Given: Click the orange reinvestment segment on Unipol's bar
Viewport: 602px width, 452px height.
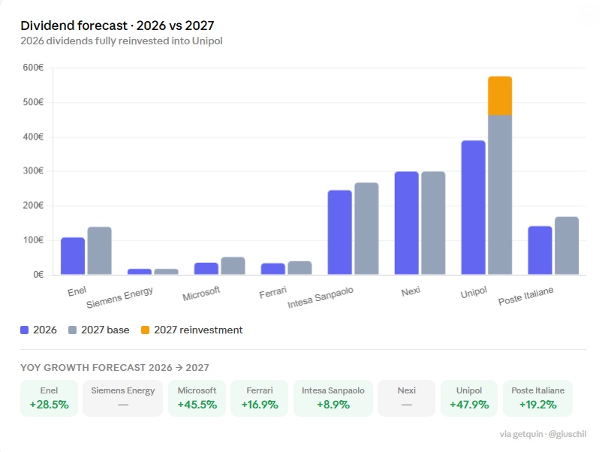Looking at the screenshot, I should pos(500,96).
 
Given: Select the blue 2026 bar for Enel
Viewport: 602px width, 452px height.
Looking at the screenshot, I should pos(73,256).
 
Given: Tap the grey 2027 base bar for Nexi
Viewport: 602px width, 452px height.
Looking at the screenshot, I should pos(433,223).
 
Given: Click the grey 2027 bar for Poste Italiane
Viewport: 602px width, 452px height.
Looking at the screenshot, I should pos(567,246).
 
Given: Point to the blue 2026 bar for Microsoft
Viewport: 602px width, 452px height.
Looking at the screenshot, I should pos(206,268).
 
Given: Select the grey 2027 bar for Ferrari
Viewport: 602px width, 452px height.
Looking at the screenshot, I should pos(299,267).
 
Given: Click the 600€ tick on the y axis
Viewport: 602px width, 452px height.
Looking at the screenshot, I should pos(33,68).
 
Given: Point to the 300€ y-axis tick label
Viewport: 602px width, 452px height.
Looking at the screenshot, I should pos(33,171).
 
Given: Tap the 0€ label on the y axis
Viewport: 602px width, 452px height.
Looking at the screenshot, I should pos(38,275).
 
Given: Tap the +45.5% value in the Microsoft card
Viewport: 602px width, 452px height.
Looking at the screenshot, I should pos(197,405).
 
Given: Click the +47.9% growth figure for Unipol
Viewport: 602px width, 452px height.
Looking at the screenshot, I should pos(469,405).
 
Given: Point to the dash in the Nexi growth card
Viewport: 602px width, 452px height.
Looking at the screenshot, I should pos(406,405).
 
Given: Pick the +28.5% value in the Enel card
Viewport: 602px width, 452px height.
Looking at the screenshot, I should pos(49,405).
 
